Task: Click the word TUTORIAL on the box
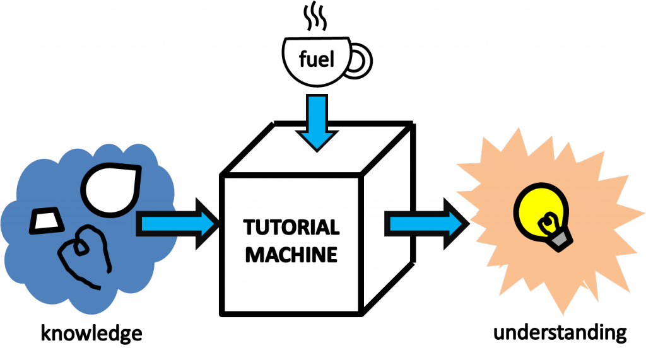(291, 227)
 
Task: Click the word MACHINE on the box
(291, 255)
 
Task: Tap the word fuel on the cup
(314, 61)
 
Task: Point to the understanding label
(560, 332)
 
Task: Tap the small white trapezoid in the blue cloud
(47, 221)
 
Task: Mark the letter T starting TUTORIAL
(249, 227)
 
